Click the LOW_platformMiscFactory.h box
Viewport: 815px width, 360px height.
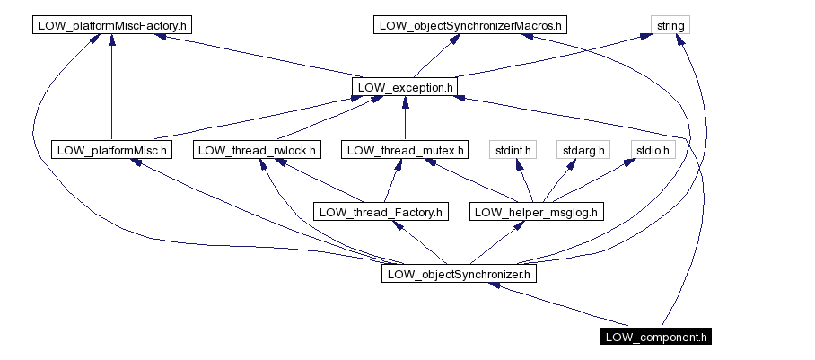(x=111, y=25)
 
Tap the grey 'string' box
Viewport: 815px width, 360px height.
(x=670, y=25)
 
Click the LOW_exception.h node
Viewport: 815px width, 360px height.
(x=405, y=88)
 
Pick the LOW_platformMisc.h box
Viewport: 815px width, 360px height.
(x=111, y=150)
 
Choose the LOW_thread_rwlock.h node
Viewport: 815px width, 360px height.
(x=257, y=150)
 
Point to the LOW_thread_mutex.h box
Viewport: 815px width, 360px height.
(x=405, y=150)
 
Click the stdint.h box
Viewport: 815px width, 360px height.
(x=513, y=150)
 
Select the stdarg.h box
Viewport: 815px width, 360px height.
(x=583, y=150)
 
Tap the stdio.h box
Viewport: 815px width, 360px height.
(x=653, y=150)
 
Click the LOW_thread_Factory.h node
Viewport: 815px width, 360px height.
(x=381, y=212)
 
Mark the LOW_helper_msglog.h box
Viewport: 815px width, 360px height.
(x=537, y=212)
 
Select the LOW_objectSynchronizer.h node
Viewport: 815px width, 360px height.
(x=459, y=274)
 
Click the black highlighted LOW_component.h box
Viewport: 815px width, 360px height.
(x=656, y=337)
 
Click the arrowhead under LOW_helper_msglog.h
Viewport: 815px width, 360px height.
(x=520, y=227)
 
